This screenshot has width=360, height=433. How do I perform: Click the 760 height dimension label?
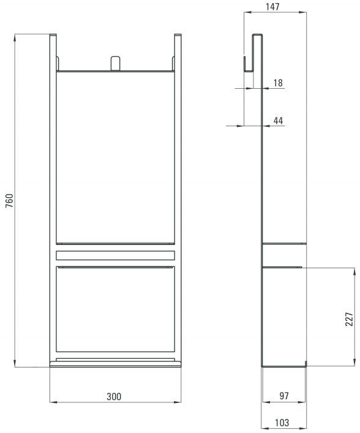[9, 201]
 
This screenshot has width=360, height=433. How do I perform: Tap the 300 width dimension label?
[114, 396]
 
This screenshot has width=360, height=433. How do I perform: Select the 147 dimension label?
[272, 7]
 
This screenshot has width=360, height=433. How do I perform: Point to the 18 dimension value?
[278, 83]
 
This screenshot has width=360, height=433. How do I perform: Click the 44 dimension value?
[278, 121]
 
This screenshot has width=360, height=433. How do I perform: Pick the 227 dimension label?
[349, 319]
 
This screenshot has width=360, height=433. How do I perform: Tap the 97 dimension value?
[284, 396]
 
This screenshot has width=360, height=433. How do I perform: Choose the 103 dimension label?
[282, 423]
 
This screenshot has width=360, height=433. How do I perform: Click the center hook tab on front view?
[115, 63]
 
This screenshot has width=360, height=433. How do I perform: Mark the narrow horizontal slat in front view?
[115, 255]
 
